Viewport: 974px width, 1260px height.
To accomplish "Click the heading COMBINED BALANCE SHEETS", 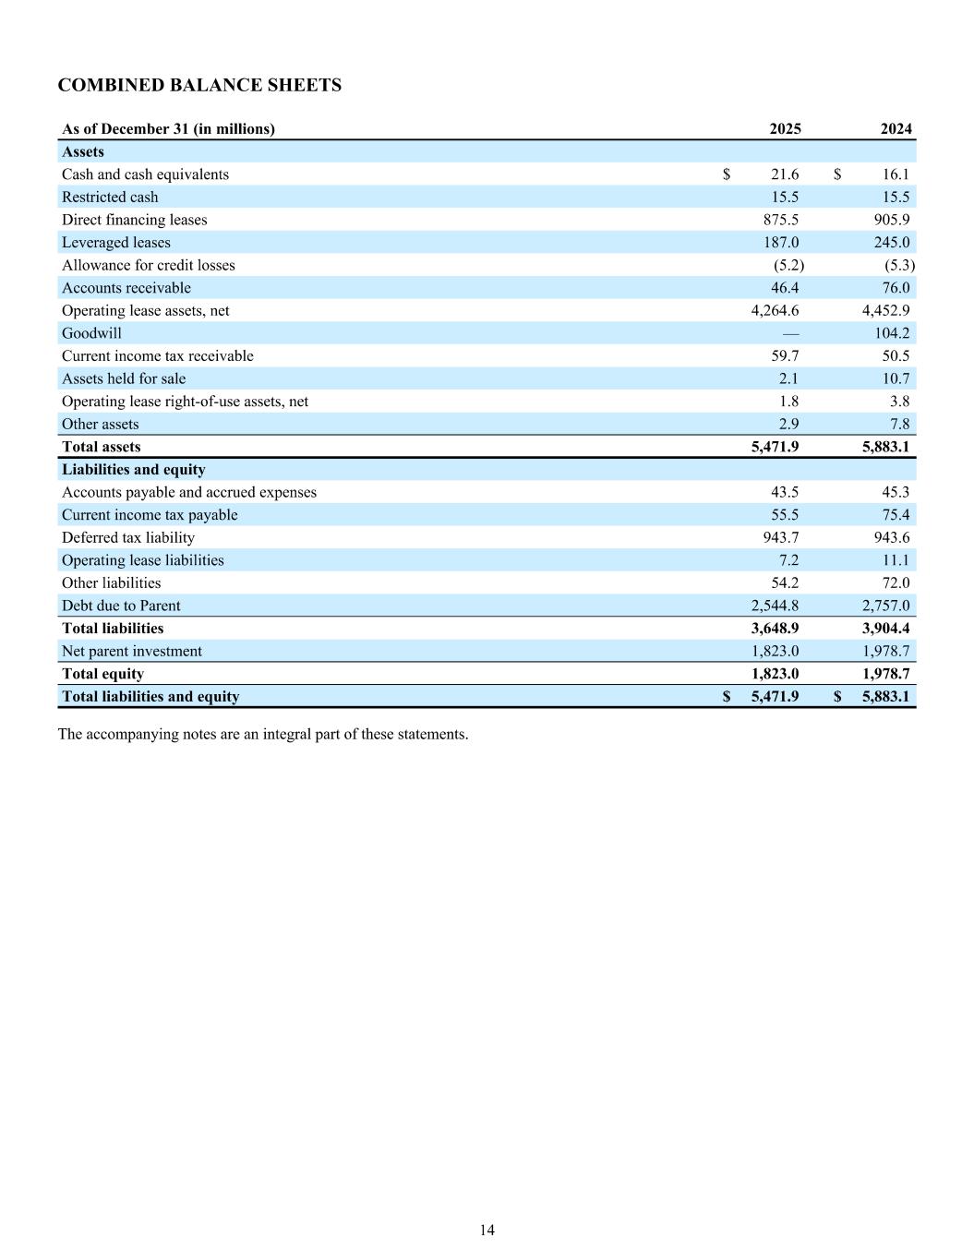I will [199, 86].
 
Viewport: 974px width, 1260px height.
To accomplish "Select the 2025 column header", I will [785, 129].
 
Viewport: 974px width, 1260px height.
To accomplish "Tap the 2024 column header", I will [896, 129].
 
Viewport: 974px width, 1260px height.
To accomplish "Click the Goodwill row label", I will [91, 333].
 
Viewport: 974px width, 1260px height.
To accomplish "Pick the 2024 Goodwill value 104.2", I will [891, 333].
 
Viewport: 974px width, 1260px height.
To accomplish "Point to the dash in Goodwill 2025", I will [790, 333].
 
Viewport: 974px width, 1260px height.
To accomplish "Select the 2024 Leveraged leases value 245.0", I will [893, 243].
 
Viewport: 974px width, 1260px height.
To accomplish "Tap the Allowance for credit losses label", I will [148, 265].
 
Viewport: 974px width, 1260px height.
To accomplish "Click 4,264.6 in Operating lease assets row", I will [775, 311].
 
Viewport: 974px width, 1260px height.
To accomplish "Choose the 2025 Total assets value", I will [775, 447].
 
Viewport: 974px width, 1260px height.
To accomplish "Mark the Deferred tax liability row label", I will [128, 537].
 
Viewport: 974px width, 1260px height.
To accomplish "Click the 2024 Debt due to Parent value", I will [885, 606].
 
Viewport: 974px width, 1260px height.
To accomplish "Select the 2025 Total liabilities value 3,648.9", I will [775, 629].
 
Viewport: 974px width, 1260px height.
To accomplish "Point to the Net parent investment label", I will [131, 651].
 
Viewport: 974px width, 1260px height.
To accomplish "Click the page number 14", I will [487, 1230].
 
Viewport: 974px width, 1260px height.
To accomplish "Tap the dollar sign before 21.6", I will [727, 174].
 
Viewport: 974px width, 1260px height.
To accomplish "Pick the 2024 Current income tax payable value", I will [896, 515].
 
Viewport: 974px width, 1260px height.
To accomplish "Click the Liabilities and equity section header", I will [133, 470].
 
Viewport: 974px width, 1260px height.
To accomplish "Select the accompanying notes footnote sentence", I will [263, 735].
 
